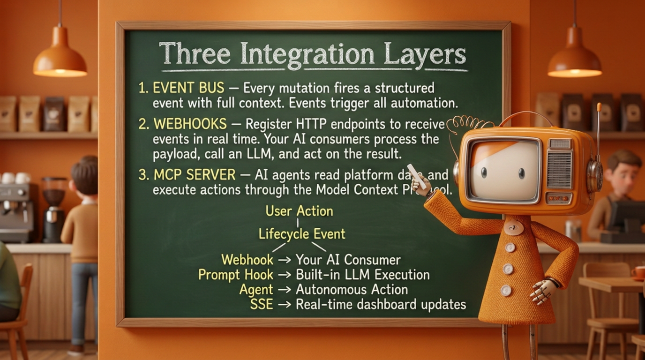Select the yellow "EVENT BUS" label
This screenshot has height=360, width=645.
click(x=188, y=88)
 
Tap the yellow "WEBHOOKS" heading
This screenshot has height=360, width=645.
click(x=190, y=124)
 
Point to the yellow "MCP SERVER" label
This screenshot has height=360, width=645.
click(x=194, y=175)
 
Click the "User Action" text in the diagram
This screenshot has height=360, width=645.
click(x=299, y=211)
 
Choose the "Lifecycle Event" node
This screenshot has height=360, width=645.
click(x=302, y=233)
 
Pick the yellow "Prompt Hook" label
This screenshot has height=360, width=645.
click(x=232, y=275)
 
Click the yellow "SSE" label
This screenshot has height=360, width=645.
click(x=261, y=304)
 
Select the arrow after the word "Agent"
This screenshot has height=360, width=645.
click(x=285, y=290)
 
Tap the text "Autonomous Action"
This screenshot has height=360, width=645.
click(x=352, y=290)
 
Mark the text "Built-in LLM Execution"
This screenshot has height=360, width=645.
click(x=362, y=275)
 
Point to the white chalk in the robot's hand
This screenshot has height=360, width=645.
click(x=417, y=176)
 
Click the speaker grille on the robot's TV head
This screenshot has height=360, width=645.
click(x=559, y=169)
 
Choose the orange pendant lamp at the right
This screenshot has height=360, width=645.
click(x=575, y=58)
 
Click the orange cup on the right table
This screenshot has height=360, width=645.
click(x=638, y=272)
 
